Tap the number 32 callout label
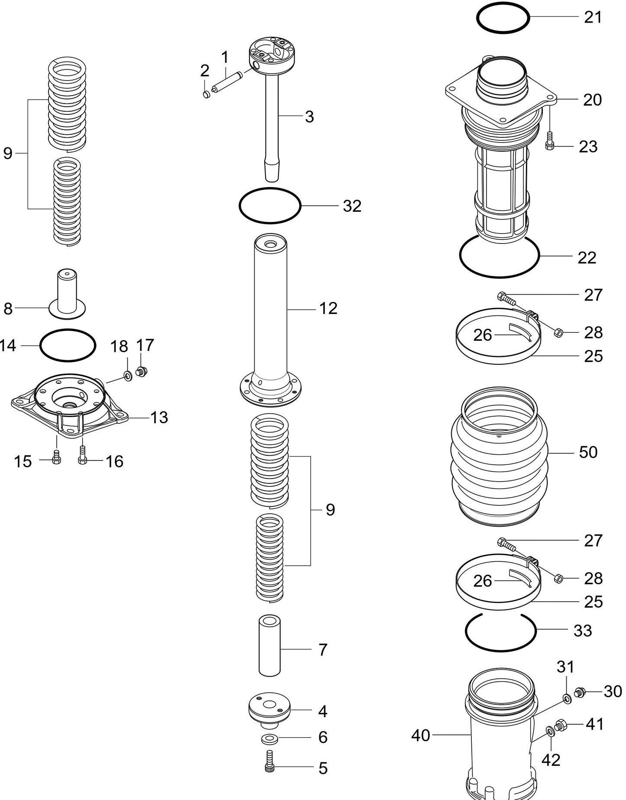(352, 206)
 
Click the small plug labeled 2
(207, 94)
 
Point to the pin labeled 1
(226, 84)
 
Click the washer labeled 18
(128, 376)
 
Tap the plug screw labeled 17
(141, 371)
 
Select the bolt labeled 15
(56, 459)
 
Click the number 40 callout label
(420, 735)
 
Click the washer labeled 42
(549, 732)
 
